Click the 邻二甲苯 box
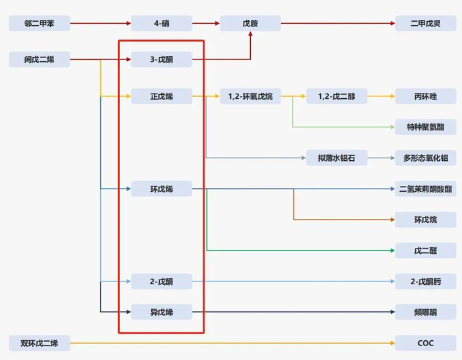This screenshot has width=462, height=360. point(39,24)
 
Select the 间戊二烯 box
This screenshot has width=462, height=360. point(39,60)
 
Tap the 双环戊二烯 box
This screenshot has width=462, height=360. point(39,343)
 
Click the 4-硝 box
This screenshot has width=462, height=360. point(161,24)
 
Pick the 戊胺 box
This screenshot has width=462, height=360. point(250,24)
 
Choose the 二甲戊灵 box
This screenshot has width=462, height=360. point(425,24)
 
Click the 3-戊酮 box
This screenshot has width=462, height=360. point(161,60)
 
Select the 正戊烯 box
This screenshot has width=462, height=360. point(161,96)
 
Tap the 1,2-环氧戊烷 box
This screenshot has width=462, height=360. point(250,96)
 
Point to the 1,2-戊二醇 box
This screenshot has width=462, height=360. point(337,96)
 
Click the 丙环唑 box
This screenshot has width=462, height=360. point(425,96)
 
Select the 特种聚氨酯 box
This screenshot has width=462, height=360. point(425,127)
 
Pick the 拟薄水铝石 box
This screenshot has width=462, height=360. point(337,158)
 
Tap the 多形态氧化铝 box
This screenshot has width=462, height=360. point(425,158)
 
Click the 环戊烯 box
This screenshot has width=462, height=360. point(161,189)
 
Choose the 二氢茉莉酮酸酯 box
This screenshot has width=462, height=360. point(425,189)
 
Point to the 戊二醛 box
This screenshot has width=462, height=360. point(425,251)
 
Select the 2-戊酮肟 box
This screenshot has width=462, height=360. point(425,282)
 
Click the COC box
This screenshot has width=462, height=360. point(425,343)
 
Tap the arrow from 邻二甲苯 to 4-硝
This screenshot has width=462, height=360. point(100,24)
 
